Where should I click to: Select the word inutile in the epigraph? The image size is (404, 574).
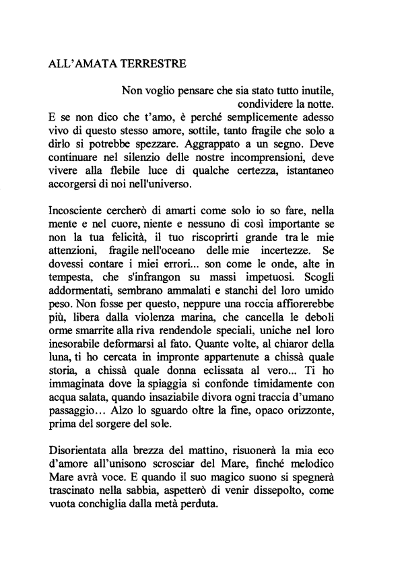[x=332, y=90]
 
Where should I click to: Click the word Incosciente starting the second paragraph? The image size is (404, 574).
[x=80, y=211]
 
